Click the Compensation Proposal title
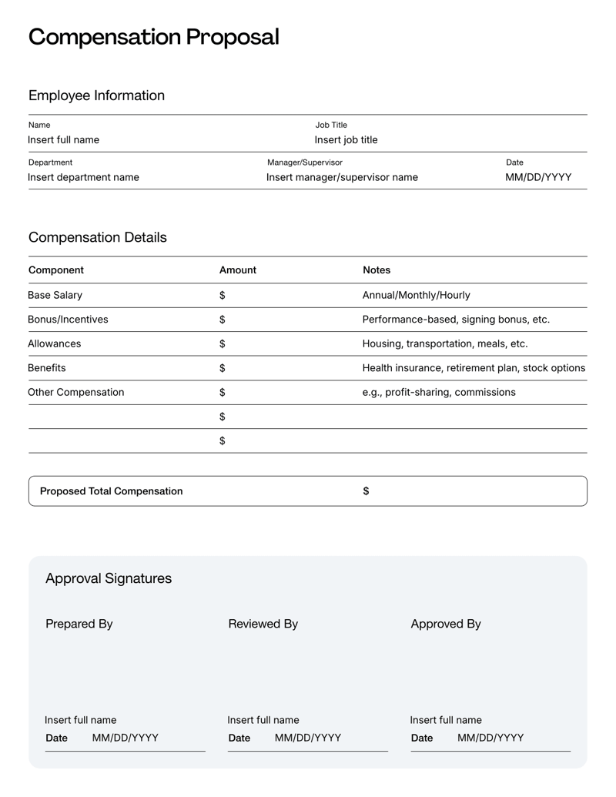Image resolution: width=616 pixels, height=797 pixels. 153,37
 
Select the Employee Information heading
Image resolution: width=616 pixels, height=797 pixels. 96,95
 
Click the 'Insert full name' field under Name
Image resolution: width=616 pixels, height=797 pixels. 63,140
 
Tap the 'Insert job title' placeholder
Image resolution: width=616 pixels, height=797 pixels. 346,140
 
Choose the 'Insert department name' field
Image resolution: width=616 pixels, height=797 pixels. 83,177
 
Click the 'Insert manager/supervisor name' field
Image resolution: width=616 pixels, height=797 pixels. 342,177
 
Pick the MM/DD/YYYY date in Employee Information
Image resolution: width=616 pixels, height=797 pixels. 537,177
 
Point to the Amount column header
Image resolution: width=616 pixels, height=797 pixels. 237,270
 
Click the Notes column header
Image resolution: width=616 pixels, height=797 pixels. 377,270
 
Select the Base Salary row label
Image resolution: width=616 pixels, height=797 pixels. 55,295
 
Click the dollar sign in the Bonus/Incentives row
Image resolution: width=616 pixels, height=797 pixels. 223,320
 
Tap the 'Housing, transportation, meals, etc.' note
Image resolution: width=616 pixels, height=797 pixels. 444,344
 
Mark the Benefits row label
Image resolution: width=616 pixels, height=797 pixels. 47,368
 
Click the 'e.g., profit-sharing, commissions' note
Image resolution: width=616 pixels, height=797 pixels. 439,393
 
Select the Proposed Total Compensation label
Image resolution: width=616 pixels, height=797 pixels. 111,491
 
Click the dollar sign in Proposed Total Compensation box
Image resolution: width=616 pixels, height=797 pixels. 366,491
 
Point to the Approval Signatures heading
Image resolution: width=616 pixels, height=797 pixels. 109,578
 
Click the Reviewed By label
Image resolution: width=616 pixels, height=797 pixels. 263,624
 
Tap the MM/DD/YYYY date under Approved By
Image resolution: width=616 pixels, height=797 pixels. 490,738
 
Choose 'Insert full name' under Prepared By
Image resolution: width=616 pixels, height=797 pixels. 81,720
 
